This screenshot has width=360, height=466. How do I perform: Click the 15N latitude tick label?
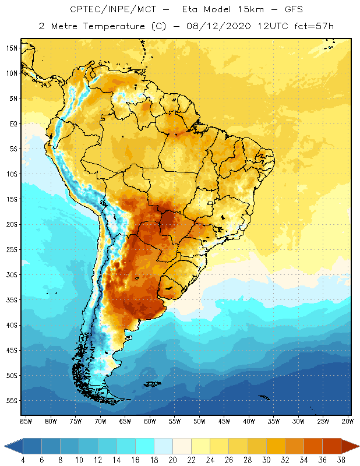(12, 48)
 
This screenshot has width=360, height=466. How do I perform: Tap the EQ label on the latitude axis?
(13, 123)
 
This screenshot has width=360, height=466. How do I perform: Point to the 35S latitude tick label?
(12, 300)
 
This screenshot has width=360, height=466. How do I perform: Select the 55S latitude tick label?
(12, 401)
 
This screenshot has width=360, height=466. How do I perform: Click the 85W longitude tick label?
(26, 421)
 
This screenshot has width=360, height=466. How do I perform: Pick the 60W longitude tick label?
(150, 421)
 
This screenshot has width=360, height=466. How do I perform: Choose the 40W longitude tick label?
(249, 421)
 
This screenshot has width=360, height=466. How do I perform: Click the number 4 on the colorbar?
(23, 460)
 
